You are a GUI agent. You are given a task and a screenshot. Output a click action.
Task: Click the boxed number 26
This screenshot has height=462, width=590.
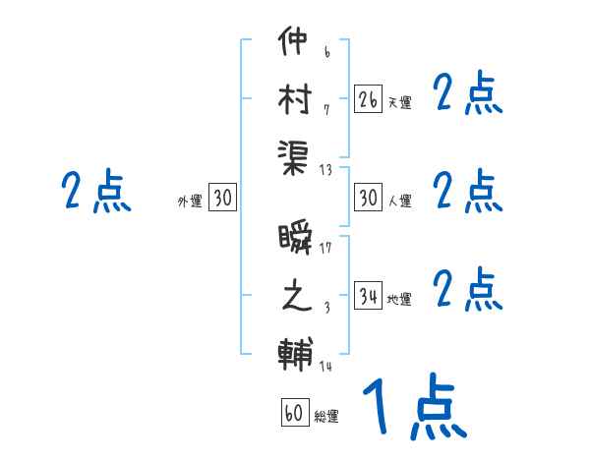point(368,99)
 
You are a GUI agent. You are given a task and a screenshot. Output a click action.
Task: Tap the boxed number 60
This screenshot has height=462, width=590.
point(294,413)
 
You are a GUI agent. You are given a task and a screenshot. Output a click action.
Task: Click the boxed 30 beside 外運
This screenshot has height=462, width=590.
point(222,198)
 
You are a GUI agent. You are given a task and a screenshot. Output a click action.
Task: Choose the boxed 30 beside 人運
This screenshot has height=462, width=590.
point(368,198)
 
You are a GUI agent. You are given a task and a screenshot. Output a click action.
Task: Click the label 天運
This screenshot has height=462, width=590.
point(399,102)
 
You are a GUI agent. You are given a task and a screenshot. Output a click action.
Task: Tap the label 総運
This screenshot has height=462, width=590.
point(326,416)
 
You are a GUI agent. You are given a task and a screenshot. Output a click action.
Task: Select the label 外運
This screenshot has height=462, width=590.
point(190,201)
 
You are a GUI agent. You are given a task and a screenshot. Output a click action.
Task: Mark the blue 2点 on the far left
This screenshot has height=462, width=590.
point(96,191)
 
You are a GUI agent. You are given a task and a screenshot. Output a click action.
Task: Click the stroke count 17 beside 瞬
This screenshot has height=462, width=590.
point(325,249)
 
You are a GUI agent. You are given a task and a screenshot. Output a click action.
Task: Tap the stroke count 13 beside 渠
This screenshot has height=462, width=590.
point(325,170)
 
